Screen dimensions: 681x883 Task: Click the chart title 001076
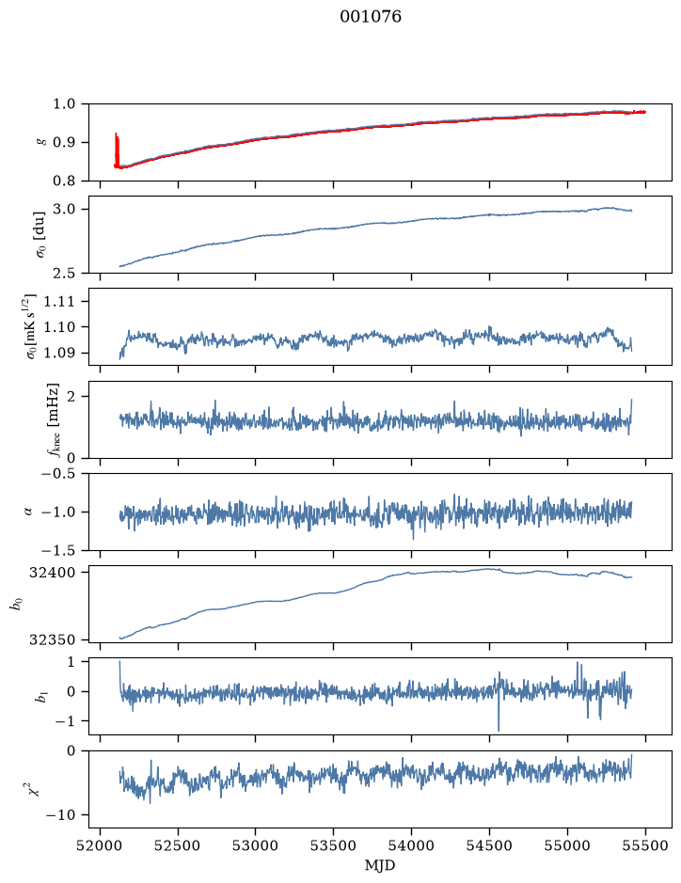(371, 17)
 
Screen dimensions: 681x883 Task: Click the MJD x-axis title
(380, 865)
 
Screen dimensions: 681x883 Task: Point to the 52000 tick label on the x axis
(101, 845)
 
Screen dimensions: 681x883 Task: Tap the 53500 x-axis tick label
(334, 845)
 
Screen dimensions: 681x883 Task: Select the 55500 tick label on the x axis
(645, 845)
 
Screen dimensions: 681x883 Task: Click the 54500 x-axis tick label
(489, 845)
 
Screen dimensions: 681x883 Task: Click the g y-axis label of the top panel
(40, 143)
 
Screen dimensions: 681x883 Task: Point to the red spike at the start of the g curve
(117, 150)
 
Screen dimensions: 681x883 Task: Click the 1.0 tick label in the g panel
(64, 104)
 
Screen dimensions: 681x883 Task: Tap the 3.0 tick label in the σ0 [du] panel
(64, 210)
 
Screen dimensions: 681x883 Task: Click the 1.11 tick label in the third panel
(59, 301)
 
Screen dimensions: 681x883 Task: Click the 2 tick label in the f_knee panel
(71, 397)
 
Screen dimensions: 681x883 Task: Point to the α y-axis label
(28, 512)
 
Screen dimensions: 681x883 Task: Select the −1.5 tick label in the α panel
(58, 550)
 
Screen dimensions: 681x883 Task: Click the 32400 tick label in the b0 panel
(52, 573)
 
